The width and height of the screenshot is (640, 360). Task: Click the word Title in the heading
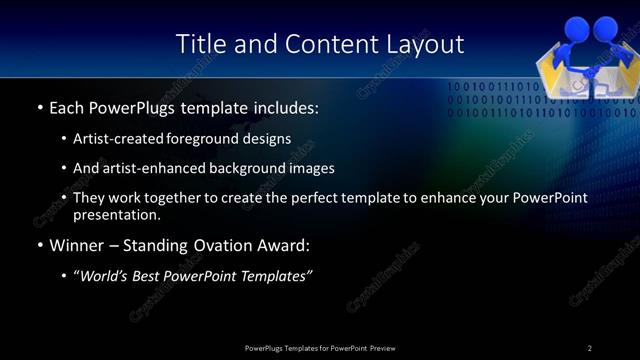198,44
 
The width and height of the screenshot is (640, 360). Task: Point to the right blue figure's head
610,28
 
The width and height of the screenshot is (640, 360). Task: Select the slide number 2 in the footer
590,348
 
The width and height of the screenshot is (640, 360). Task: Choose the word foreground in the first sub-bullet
210,138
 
